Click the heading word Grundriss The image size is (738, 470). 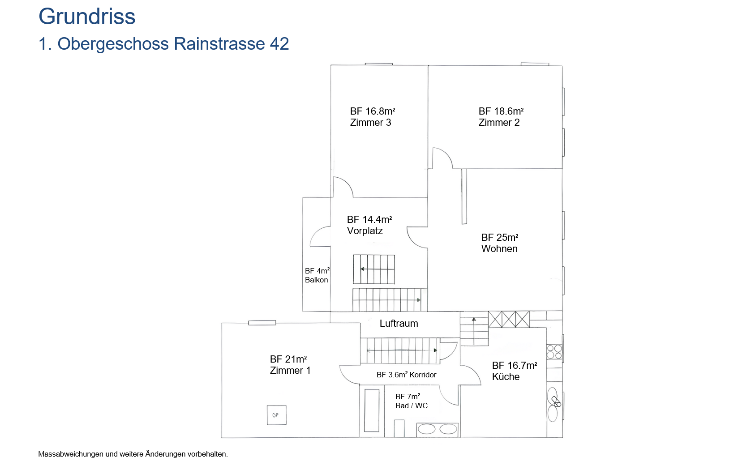click(87, 17)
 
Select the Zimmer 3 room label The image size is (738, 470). click(370, 123)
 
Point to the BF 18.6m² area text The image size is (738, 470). click(501, 111)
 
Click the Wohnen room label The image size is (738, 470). click(499, 249)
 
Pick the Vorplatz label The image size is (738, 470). click(365, 231)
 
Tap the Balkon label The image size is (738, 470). click(316, 280)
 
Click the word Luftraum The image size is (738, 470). click(399, 324)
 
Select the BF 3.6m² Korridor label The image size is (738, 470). click(406, 375)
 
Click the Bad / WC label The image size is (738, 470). click(412, 406)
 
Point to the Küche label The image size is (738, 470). click(506, 376)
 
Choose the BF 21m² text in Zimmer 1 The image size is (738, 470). click(288, 359)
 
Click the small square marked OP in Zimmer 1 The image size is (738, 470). click(276, 415)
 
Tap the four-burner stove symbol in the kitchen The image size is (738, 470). click(554, 352)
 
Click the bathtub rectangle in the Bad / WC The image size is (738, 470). click(372, 410)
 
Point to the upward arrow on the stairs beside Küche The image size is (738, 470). click(474, 331)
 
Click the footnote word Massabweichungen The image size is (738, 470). click(71, 454)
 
